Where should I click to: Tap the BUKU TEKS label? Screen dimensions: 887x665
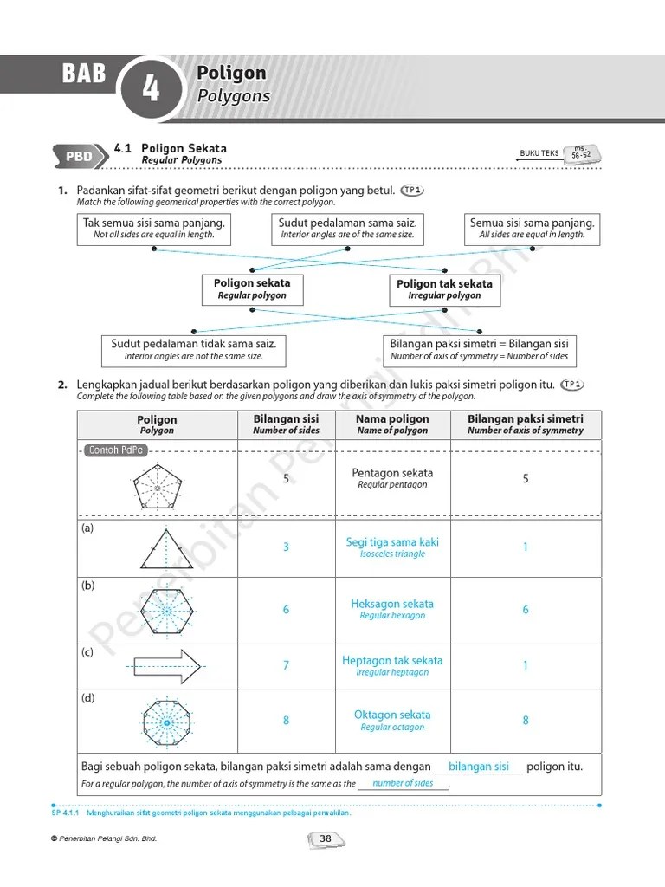(x=539, y=153)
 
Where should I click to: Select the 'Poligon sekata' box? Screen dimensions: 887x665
(x=252, y=289)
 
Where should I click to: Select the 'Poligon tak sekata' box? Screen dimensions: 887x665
(x=444, y=289)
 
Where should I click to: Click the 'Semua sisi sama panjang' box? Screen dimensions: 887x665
(x=533, y=228)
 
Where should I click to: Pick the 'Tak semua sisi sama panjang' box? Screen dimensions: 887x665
(x=153, y=228)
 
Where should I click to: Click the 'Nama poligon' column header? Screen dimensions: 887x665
(x=392, y=424)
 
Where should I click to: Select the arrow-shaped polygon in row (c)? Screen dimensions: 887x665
(x=166, y=666)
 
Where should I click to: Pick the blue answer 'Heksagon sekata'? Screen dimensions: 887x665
(x=392, y=605)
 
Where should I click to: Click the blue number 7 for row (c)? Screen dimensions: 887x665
(x=287, y=666)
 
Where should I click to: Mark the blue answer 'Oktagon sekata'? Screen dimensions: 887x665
(x=392, y=715)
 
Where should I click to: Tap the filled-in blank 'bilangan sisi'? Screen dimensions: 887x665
(x=479, y=767)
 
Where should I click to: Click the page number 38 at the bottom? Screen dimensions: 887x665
(x=326, y=838)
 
